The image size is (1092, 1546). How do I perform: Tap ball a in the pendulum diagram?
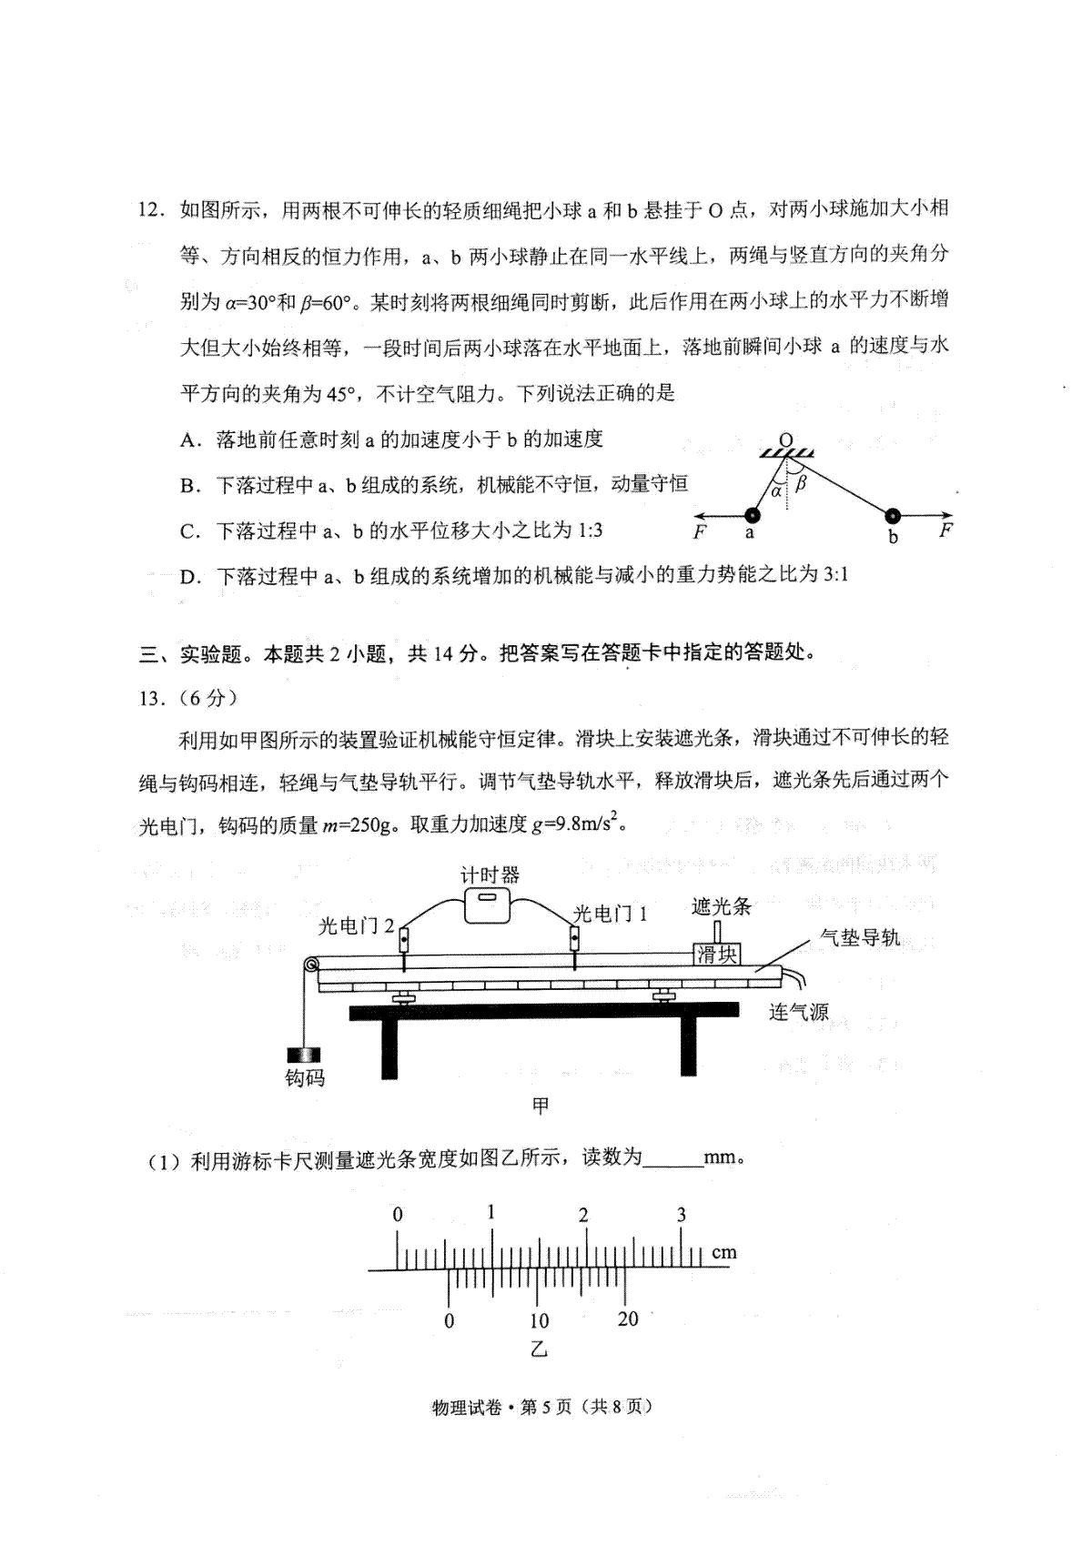click(x=752, y=515)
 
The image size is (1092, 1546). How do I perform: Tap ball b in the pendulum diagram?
click(x=893, y=515)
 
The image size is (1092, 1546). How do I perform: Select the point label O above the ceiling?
click(x=785, y=440)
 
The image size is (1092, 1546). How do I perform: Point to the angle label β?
click(x=800, y=483)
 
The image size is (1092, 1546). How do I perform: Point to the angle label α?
click(x=776, y=491)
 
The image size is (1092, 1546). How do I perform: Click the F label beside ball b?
click(x=945, y=530)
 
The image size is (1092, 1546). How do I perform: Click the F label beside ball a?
click(x=700, y=532)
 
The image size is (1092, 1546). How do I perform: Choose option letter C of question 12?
click(x=190, y=530)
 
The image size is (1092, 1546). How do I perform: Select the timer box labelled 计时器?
click(x=488, y=905)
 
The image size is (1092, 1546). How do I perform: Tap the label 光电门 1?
click(x=611, y=914)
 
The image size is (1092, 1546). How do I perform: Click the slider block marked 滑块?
click(x=717, y=955)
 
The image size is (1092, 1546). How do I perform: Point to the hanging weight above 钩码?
click(x=304, y=1055)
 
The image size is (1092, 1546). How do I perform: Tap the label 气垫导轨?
click(x=859, y=937)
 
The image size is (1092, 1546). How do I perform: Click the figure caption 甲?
click(x=541, y=1106)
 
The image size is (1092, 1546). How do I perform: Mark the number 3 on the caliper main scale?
click(x=682, y=1215)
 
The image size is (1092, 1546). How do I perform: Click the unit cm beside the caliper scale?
click(x=724, y=1252)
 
